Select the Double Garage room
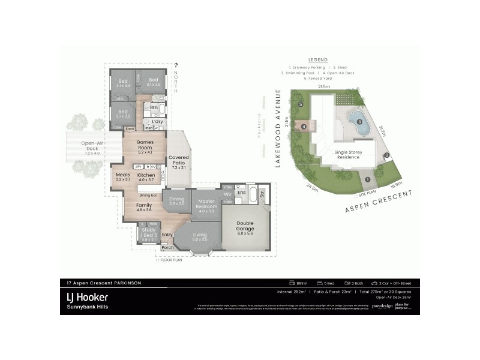pyautogui.click(x=245, y=227)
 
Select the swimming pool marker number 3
pyautogui.click(x=359, y=122)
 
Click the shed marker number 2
pyautogui.click(x=387, y=156)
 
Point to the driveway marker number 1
pyautogui.click(x=367, y=179)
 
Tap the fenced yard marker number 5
pyautogui.click(x=300, y=104)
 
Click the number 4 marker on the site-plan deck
pyautogui.click(x=305, y=127)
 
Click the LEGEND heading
pyautogui.click(x=317, y=61)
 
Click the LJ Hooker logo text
pyautogui.click(x=87, y=296)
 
